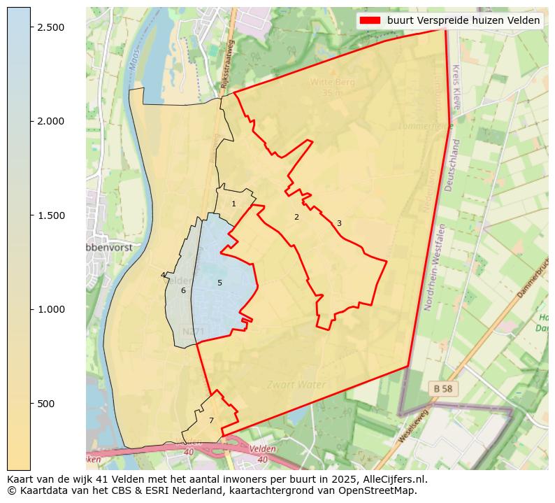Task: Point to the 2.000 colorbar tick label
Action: tap(50, 121)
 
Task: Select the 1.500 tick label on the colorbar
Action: tap(50, 215)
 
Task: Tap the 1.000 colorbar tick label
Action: tap(50, 309)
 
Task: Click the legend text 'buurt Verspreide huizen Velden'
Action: tap(463, 20)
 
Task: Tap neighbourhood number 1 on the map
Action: tap(234, 204)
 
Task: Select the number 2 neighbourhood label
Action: tap(296, 217)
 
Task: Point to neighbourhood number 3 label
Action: tap(339, 224)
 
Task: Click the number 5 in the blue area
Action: tap(219, 283)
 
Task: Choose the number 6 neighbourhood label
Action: tap(183, 290)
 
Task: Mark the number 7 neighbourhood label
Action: tap(211, 420)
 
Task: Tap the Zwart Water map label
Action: tap(296, 385)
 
